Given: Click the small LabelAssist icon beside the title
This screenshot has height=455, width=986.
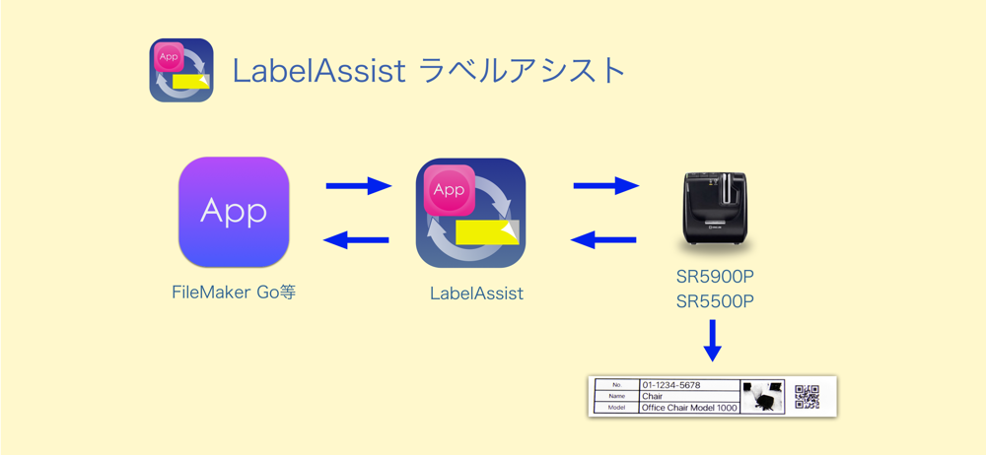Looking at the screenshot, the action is [x=181, y=70].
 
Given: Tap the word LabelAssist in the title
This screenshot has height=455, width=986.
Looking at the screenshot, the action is [x=318, y=71].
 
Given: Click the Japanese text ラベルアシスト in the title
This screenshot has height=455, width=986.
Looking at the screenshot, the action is [x=522, y=71].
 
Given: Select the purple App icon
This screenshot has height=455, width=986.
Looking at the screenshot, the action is [x=234, y=213].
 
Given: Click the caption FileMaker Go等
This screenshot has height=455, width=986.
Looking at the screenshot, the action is [x=234, y=292].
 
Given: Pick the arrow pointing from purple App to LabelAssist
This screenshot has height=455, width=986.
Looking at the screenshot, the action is [x=359, y=185].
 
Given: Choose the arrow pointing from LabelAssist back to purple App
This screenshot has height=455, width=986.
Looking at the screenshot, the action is [x=356, y=239].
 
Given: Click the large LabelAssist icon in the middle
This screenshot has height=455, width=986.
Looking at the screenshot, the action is [x=471, y=213].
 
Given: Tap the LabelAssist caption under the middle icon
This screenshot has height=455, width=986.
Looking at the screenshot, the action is [x=476, y=293].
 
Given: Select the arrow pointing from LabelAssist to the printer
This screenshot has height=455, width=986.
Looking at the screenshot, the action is [x=606, y=185].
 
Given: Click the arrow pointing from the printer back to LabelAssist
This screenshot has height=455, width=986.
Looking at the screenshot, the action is [x=603, y=239].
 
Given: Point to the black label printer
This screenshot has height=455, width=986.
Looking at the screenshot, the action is [x=715, y=211].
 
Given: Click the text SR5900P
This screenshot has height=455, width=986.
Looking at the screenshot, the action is [x=715, y=277].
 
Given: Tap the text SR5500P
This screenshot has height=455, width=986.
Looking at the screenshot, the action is [x=715, y=301].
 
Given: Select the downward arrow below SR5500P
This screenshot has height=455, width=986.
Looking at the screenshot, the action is [x=713, y=341].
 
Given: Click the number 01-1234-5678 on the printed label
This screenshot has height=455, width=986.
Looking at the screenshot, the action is [x=670, y=385].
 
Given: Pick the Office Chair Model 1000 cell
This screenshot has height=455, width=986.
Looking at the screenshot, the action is [x=688, y=408].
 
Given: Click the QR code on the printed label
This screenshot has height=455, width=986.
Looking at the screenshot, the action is [x=807, y=397].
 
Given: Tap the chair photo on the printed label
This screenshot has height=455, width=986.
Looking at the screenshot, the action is [x=763, y=396].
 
